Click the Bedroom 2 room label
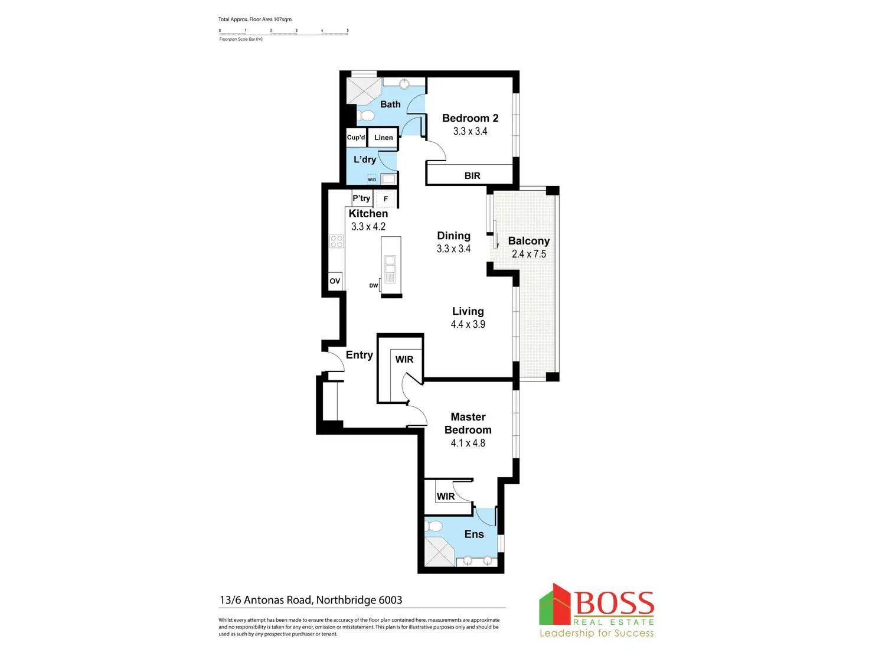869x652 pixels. click(x=470, y=118)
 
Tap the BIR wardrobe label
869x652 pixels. click(x=472, y=176)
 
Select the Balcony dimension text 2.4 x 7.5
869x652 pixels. click(x=528, y=254)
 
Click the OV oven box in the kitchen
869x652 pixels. click(x=335, y=281)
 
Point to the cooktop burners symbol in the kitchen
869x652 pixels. click(x=337, y=241)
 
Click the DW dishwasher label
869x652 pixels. click(x=374, y=286)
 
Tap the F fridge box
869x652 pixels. click(x=386, y=199)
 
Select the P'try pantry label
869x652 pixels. click(x=361, y=198)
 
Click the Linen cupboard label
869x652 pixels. click(x=383, y=138)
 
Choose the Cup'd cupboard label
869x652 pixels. click(x=356, y=138)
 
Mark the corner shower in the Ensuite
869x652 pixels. click(x=439, y=552)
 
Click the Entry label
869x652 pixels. click(x=359, y=355)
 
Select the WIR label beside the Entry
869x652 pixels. click(x=404, y=360)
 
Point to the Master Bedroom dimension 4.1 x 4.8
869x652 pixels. click(x=468, y=443)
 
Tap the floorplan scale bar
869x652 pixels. click(x=283, y=34)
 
